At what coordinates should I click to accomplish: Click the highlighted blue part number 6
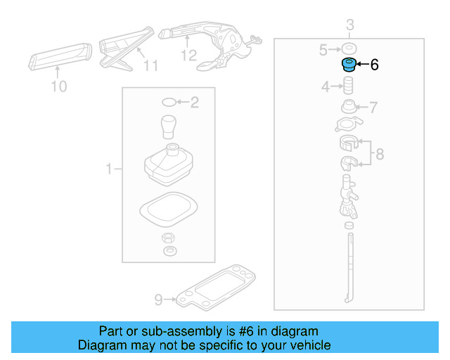point(347,65)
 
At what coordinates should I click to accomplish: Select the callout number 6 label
point(374,65)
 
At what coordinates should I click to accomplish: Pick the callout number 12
point(188,55)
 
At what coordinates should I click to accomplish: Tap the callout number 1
point(109,169)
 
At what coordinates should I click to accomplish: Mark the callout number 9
point(158,300)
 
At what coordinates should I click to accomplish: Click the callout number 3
point(349,27)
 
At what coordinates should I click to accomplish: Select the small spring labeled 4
point(347,87)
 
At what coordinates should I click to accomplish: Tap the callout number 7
point(373,108)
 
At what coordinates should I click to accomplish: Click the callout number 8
point(379,154)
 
